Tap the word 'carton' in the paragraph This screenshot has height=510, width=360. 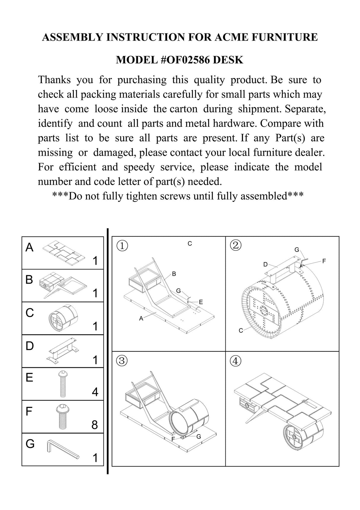[x=184, y=109]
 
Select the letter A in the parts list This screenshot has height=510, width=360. [x=29, y=247]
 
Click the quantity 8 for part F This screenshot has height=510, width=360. [x=95, y=425]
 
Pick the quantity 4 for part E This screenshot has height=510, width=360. [x=95, y=392]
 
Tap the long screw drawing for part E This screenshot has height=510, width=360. [x=63, y=384]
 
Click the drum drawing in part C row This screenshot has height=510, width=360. [x=63, y=318]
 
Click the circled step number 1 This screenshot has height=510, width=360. [x=122, y=246]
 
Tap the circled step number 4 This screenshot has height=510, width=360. [x=235, y=361]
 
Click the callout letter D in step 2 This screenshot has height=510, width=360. [x=265, y=264]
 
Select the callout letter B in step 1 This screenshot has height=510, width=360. [x=174, y=274]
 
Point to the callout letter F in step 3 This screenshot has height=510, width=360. [x=173, y=439]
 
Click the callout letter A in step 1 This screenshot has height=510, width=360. [x=141, y=318]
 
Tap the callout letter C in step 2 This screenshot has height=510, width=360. [x=241, y=330]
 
